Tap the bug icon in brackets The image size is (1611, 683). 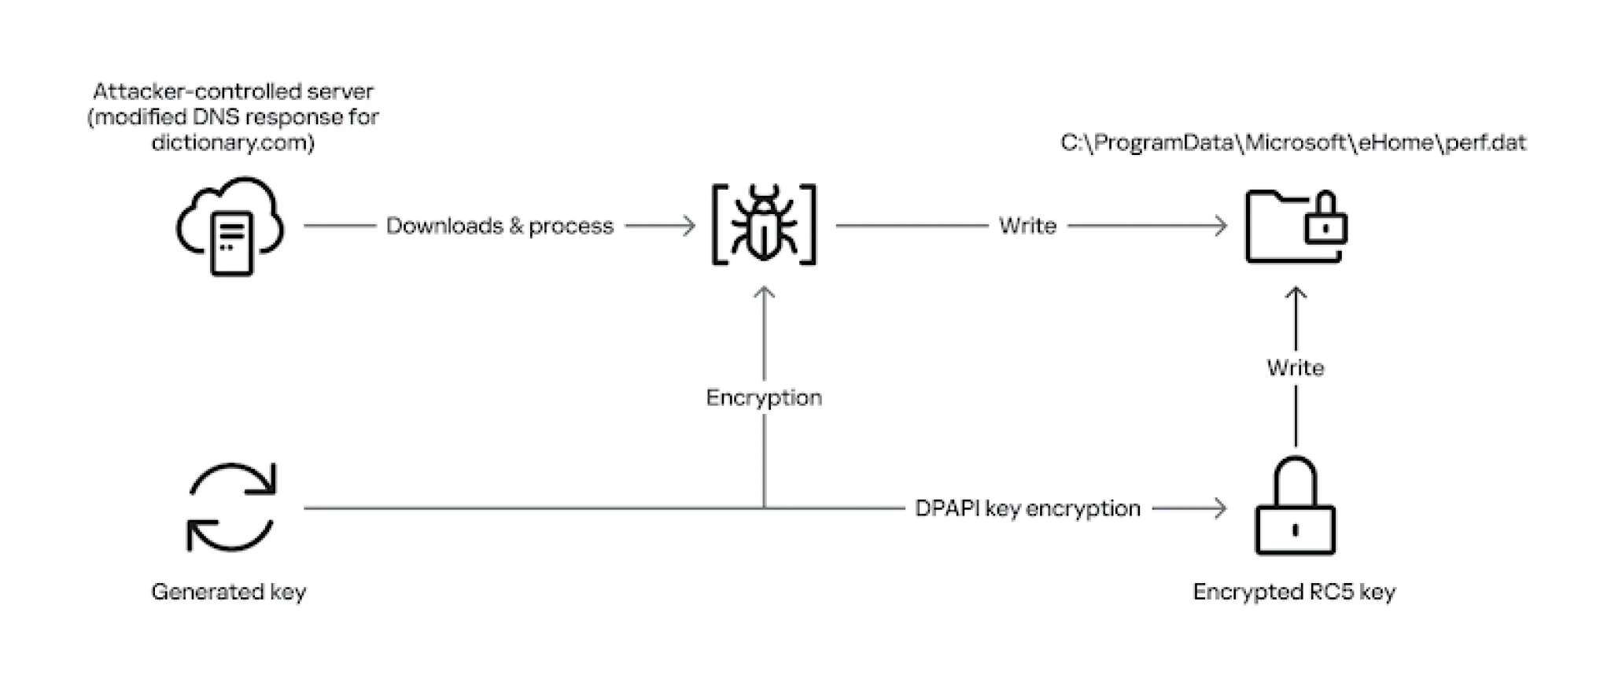pos(764,225)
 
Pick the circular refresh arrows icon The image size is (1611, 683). pos(230,507)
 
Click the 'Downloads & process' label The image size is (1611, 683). pos(500,226)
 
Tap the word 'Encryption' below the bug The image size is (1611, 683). pos(764,397)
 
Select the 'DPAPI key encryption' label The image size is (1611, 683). pos(1027,508)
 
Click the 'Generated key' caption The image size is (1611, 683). pos(228,592)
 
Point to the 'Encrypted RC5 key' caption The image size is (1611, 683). pos(1294,592)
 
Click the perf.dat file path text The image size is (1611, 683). pos(1292,142)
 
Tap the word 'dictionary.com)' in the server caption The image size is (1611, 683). pos(233,142)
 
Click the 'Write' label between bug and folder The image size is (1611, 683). pos(1027,226)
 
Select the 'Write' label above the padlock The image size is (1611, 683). pos(1295,367)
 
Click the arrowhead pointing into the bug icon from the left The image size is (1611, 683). pos(688,226)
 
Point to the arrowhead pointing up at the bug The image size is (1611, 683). pos(764,294)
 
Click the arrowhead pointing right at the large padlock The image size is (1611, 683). pos(1219,508)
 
